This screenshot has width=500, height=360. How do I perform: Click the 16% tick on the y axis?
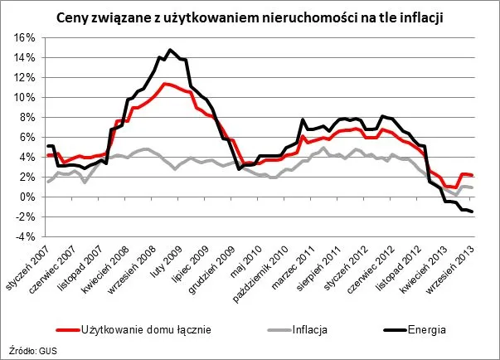click(x=22, y=37)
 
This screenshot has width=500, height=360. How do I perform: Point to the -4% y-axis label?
click(x=22, y=236)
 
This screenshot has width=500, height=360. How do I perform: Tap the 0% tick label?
click(x=24, y=197)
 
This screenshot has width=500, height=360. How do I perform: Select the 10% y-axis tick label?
click(x=22, y=97)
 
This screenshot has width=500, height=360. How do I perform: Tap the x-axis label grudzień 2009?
click(x=217, y=266)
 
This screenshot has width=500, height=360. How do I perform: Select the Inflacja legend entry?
click(x=303, y=328)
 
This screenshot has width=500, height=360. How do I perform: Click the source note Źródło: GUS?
click(x=29, y=351)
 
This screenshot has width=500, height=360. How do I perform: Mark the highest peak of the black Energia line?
click(x=170, y=50)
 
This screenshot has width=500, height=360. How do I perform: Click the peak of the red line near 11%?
click(x=165, y=84)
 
